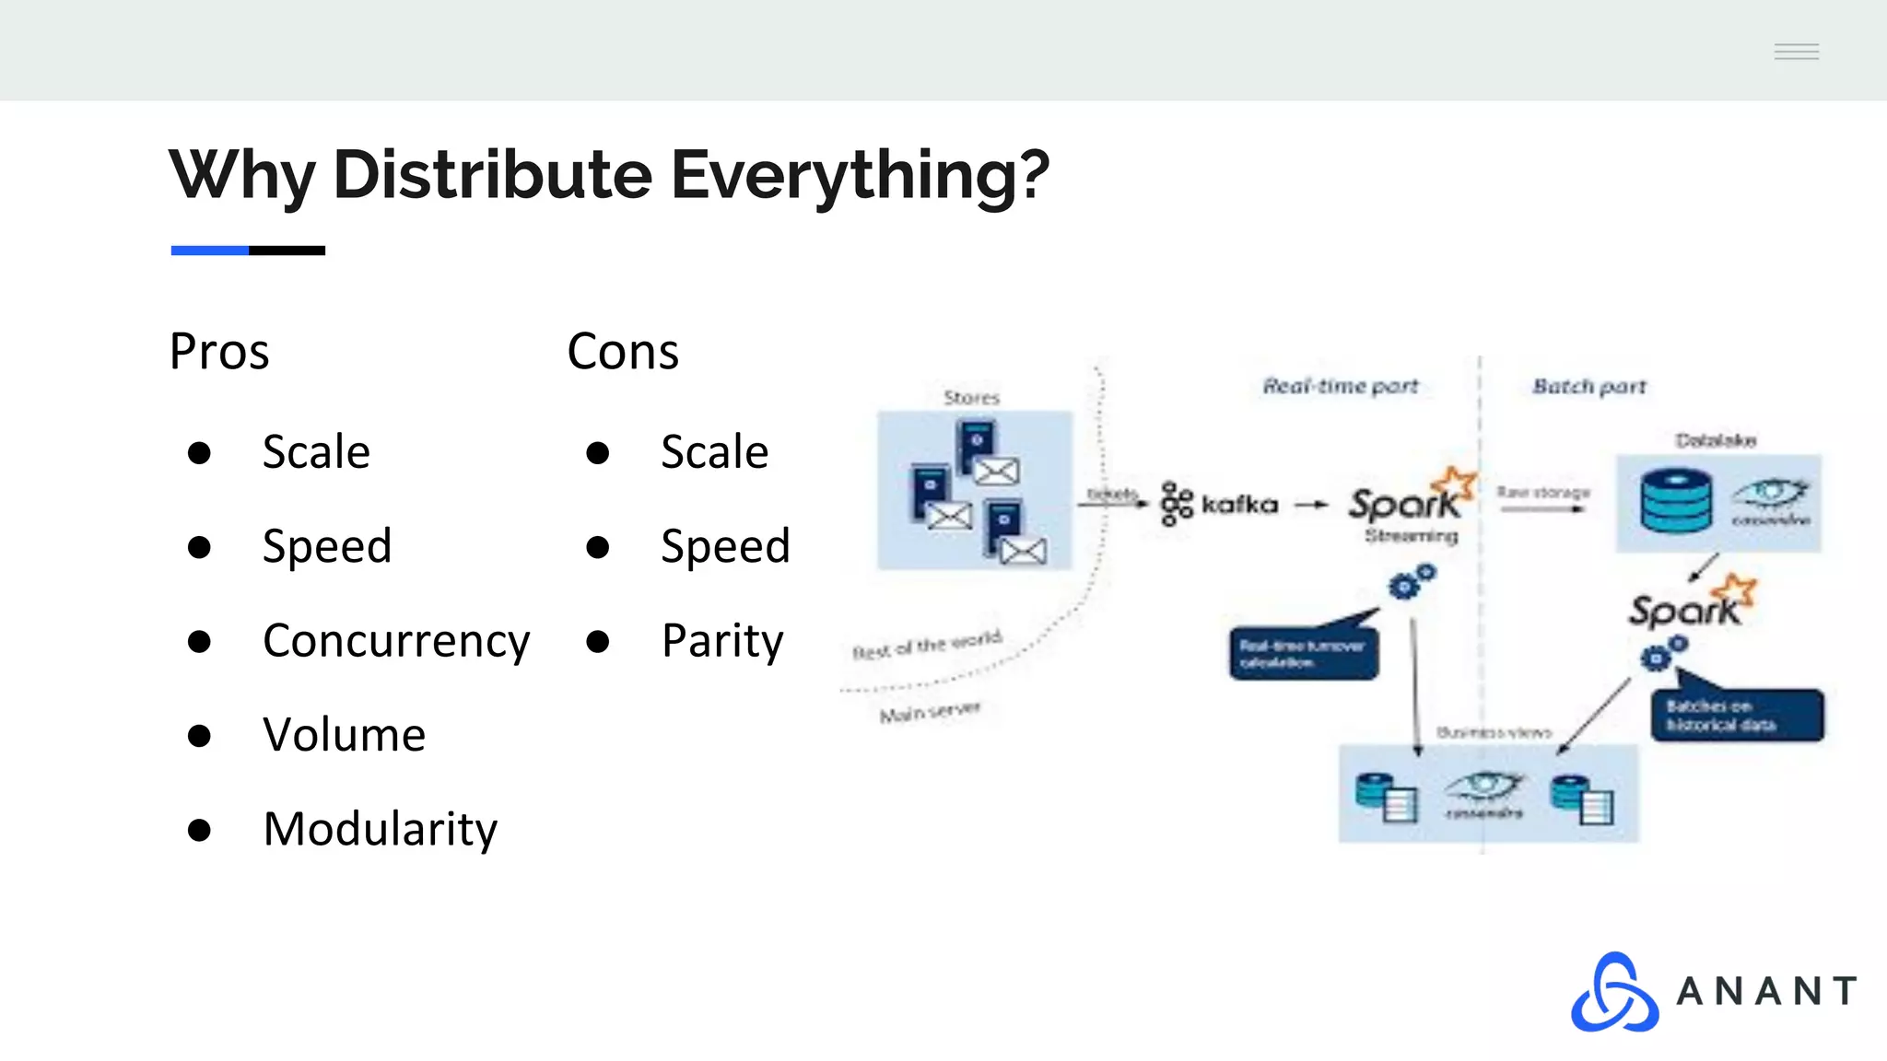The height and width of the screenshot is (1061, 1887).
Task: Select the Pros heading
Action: tap(219, 352)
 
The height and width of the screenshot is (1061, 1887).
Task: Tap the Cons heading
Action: tap(623, 352)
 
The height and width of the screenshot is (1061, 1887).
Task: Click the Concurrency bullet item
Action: tap(396, 641)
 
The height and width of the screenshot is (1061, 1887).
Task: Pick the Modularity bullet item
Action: tap(380, 829)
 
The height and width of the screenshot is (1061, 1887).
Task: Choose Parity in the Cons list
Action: tap(722, 641)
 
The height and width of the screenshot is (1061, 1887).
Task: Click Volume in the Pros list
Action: tap(344, 735)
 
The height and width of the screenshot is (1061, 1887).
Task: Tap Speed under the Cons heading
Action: tap(725, 546)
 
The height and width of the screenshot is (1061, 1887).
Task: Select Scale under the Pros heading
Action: tap(316, 452)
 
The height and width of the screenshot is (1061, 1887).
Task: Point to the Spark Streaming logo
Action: tap(1410, 506)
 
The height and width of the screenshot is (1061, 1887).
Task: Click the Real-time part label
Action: tap(1340, 386)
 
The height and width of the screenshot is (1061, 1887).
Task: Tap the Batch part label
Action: tap(1588, 387)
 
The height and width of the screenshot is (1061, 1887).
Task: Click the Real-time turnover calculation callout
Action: tap(1303, 653)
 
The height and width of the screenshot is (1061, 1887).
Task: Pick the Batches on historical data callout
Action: tap(1736, 715)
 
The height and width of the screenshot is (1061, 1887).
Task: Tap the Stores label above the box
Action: tap(971, 398)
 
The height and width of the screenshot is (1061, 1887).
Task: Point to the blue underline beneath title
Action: tap(210, 251)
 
